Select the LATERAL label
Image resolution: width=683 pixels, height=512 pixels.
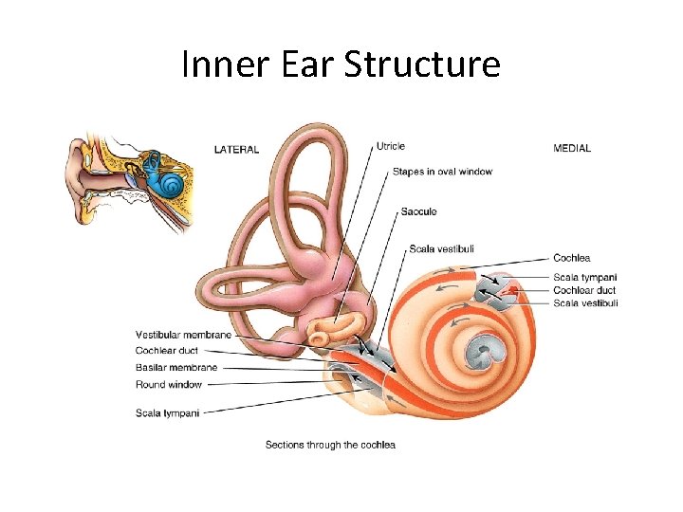pyautogui.click(x=236, y=149)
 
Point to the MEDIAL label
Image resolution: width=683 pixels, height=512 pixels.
pyautogui.click(x=571, y=148)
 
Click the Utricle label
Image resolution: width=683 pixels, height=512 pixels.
pyautogui.click(x=391, y=146)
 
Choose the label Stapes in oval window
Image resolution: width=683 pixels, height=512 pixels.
pyautogui.click(x=442, y=172)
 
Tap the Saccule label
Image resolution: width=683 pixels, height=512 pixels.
pyautogui.click(x=418, y=211)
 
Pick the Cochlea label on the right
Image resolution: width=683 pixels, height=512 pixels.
pyautogui.click(x=571, y=258)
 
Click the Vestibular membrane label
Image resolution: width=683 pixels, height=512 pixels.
pyautogui.click(x=183, y=335)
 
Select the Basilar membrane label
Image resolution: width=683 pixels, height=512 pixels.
pyautogui.click(x=176, y=368)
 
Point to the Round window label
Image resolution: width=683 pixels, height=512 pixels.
pyautogui.click(x=169, y=385)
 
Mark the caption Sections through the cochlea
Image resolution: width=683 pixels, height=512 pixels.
pyautogui.click(x=330, y=445)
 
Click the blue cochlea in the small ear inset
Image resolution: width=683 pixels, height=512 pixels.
pyautogui.click(x=171, y=183)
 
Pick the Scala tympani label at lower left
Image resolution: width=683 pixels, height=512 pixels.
pyautogui.click(x=168, y=411)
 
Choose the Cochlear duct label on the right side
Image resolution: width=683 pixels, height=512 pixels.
pyautogui.click(x=584, y=290)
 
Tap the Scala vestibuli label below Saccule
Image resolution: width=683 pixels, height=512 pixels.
pyautogui.click(x=441, y=249)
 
